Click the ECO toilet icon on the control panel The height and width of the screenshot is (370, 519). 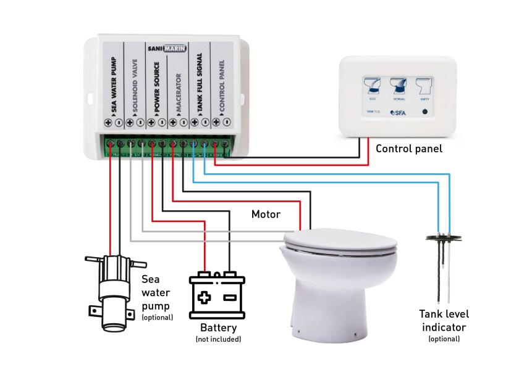pyautogui.click(x=372, y=84)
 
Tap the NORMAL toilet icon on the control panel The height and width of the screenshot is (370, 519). pyautogui.click(x=398, y=84)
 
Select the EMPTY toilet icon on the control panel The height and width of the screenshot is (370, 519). pyautogui.click(x=423, y=84)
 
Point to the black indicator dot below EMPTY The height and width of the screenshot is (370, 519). pyautogui.click(x=424, y=112)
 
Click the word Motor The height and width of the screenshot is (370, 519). pyautogui.click(x=266, y=215)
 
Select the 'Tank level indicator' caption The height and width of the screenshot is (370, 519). pyautogui.click(x=442, y=321)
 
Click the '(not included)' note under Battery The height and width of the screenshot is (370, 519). pyautogui.click(x=217, y=339)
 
